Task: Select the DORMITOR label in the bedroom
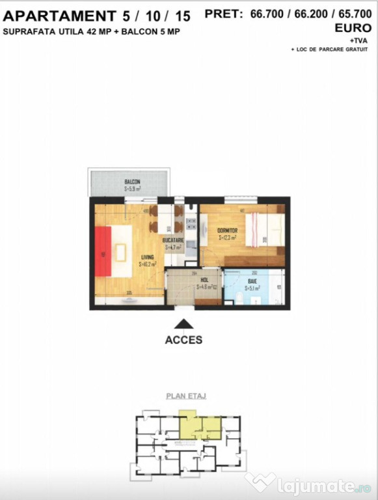click(x=228, y=230)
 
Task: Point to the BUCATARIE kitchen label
click(x=174, y=240)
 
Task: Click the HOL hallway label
click(x=204, y=279)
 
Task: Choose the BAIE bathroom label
click(x=251, y=280)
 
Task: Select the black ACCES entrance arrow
click(x=183, y=323)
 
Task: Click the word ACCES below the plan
click(x=183, y=340)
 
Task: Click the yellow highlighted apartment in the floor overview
click(x=198, y=426)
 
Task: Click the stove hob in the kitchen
click(x=191, y=225)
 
